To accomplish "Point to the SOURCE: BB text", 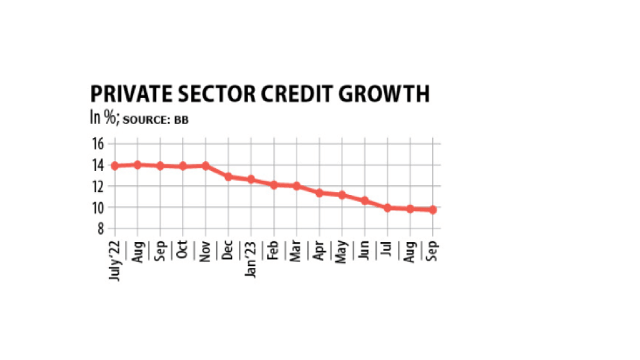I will [x=156, y=120].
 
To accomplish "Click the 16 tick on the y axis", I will [x=97, y=143].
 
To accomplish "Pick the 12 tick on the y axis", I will [x=97, y=186].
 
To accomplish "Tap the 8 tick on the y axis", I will [x=100, y=229].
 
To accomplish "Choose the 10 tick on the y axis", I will [x=97, y=208].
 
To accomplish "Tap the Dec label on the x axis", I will [x=228, y=249].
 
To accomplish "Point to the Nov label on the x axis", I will [x=205, y=249].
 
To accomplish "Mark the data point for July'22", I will [x=115, y=166].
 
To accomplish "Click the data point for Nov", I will [x=205, y=166].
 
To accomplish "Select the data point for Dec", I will [x=229, y=177].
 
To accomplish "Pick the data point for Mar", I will [x=296, y=186].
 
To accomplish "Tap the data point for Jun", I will [x=364, y=200].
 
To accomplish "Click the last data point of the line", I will [x=432, y=210].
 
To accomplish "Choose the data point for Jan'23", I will [x=251, y=179].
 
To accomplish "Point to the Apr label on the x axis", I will [x=319, y=249].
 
